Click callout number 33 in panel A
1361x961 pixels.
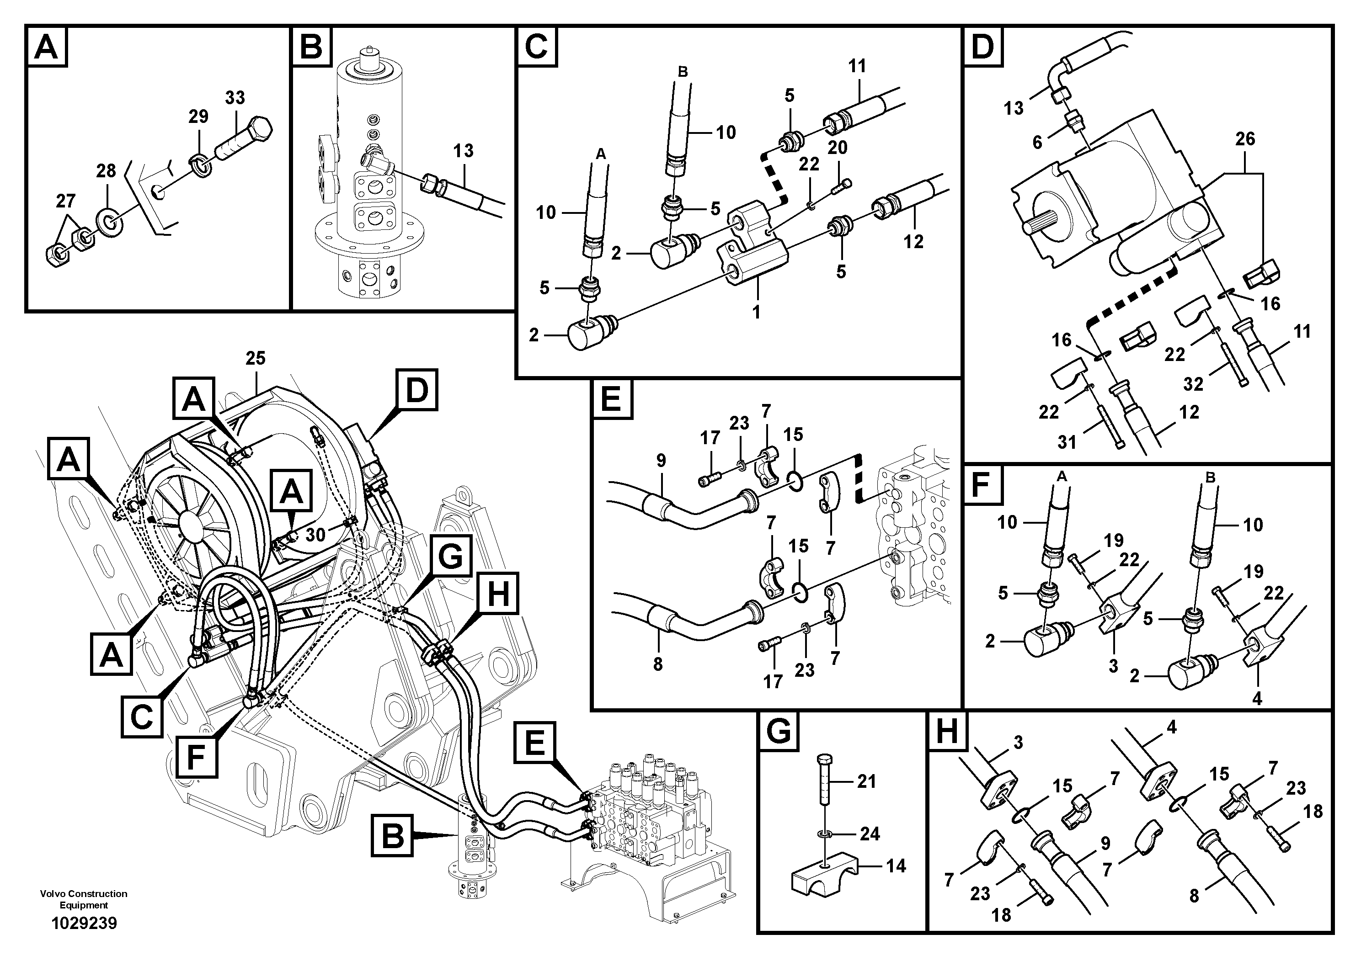point(235,98)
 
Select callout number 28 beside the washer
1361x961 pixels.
point(106,171)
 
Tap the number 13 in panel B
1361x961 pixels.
point(463,151)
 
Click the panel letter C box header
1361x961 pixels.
point(536,46)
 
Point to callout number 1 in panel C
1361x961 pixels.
point(756,312)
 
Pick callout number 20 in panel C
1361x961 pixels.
point(837,148)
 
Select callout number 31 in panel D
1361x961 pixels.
point(1067,442)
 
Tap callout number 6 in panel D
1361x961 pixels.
point(1037,142)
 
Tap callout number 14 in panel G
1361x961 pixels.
point(896,866)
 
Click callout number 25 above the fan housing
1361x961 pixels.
point(256,358)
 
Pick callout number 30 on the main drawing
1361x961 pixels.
point(315,535)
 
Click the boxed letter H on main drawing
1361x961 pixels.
point(497,593)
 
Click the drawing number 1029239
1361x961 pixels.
point(84,924)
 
